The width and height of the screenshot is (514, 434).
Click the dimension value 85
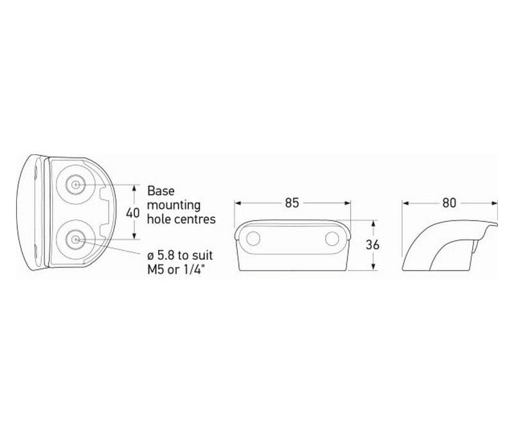(x=292, y=203)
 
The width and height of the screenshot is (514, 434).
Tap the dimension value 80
(x=449, y=203)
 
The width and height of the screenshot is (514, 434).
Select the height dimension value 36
(x=373, y=245)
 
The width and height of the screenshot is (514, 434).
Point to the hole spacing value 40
(x=133, y=213)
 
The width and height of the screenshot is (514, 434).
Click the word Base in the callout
(x=161, y=191)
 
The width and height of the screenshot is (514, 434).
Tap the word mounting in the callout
(x=173, y=206)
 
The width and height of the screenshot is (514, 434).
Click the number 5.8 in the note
(x=167, y=255)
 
